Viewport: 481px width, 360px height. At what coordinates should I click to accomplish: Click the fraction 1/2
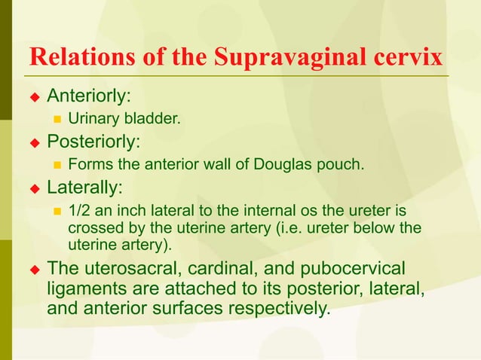(x=79, y=212)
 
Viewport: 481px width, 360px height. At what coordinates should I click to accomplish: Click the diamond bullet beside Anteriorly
(x=33, y=97)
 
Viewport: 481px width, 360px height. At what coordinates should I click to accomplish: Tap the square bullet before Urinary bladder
(x=57, y=119)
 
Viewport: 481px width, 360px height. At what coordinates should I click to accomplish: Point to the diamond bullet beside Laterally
(x=33, y=186)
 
